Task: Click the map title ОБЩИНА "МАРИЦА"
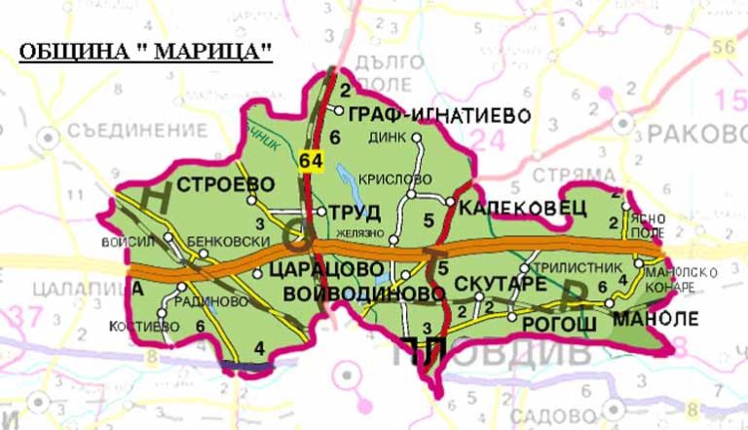145,53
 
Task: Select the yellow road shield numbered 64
311,161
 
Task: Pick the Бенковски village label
208,237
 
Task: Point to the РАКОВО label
692,133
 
